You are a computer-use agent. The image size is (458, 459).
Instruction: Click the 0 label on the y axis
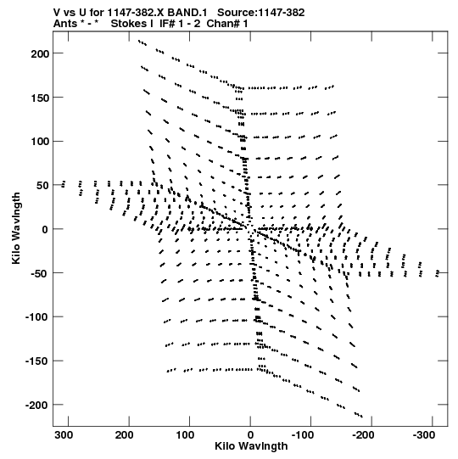pyautogui.click(x=45, y=229)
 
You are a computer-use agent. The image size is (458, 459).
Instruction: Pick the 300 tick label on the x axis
pyautogui.click(x=64, y=435)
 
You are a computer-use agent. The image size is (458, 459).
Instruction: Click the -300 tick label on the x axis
pyautogui.click(x=424, y=435)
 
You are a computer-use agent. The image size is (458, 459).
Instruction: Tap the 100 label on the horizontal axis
pyautogui.click(x=185, y=435)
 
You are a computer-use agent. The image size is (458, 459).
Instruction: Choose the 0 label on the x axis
pyautogui.click(x=250, y=435)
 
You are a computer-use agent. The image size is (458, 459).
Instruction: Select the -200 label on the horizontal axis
pyautogui.click(x=363, y=435)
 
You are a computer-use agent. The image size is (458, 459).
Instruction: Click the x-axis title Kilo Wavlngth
pyautogui.click(x=251, y=446)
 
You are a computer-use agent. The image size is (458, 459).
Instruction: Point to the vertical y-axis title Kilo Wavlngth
pyautogui.click(x=16, y=228)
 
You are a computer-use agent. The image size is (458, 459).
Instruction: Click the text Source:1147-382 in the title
pyautogui.click(x=261, y=13)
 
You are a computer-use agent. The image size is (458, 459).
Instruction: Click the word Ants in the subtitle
pyautogui.click(x=64, y=24)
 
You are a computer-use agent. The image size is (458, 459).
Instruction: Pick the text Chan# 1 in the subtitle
pyautogui.click(x=227, y=24)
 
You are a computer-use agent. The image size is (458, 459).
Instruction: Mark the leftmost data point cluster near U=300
pyautogui.click(x=64, y=184)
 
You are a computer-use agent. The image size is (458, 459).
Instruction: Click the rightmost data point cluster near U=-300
pyautogui.click(x=438, y=273)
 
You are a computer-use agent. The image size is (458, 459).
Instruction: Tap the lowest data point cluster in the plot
pyautogui.click(x=359, y=415)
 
